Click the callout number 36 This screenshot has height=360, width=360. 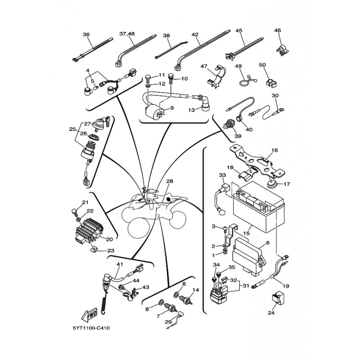pyautogui.click(x=86, y=34)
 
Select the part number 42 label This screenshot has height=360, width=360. pyautogui.click(x=195, y=34)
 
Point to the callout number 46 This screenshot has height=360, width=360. pyautogui.click(x=277, y=31)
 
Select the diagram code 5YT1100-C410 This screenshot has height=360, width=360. pyautogui.click(x=90, y=328)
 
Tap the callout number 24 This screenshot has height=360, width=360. pyautogui.click(x=270, y=313)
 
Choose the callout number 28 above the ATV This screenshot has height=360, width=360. pyautogui.click(x=169, y=181)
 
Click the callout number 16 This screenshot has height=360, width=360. pyautogui.click(x=275, y=150)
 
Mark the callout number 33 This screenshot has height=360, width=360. pyautogui.click(x=221, y=175)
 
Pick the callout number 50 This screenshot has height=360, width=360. pyautogui.click(x=262, y=65)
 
